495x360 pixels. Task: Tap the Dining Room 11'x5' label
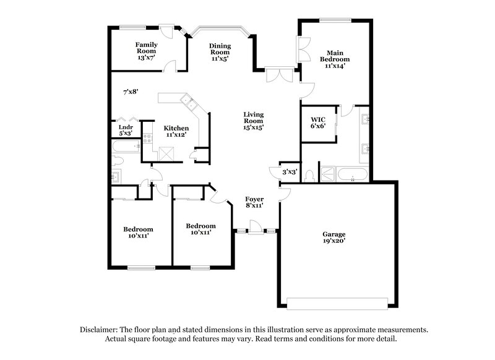point(220,52)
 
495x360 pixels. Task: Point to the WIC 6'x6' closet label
point(318,122)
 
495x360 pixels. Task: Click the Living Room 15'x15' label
point(253,121)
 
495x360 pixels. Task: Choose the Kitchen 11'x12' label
point(176,131)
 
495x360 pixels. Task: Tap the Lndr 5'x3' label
point(126,129)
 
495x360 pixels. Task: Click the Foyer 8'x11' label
point(254,202)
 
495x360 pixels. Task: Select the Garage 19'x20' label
point(334,238)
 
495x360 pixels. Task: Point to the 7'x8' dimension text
point(130,92)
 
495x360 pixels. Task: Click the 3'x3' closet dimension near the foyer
point(290,172)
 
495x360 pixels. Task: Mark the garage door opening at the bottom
point(334,302)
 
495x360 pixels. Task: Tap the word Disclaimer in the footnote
point(99,330)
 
